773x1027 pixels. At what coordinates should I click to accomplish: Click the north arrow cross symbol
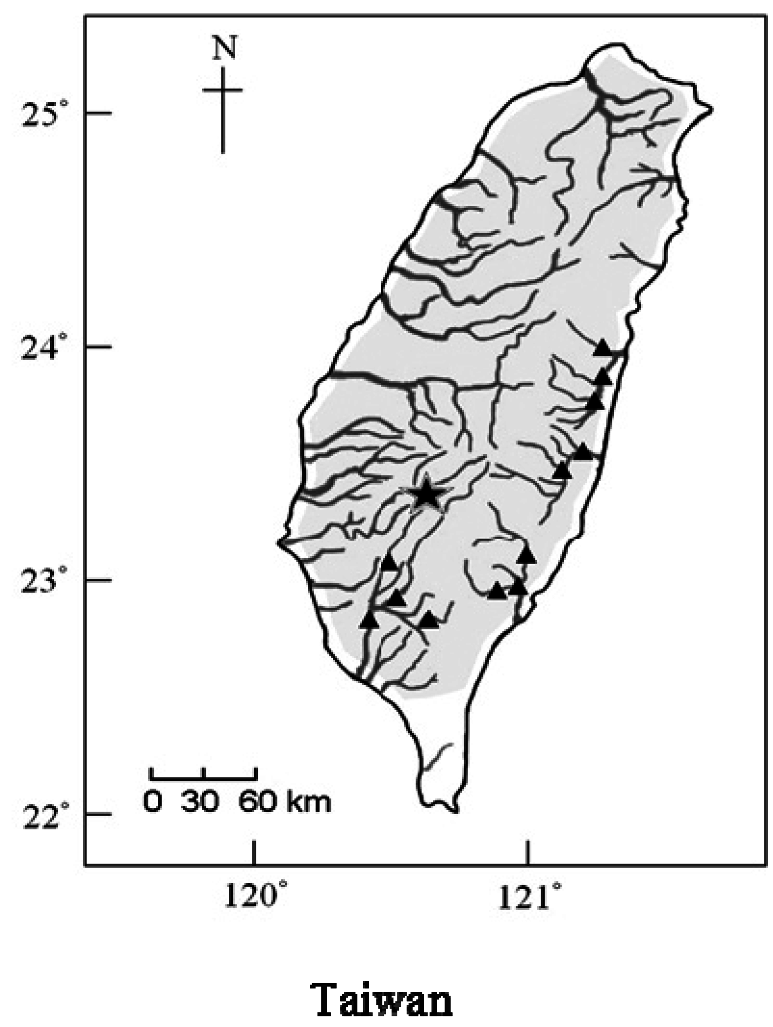point(223,90)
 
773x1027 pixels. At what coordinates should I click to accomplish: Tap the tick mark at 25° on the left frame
point(99,113)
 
